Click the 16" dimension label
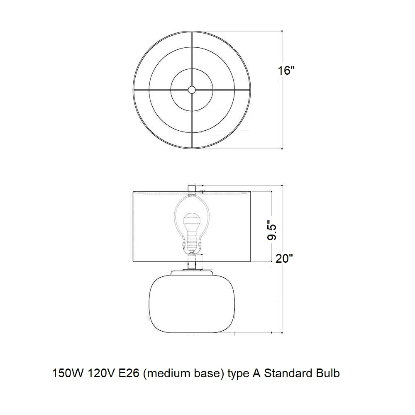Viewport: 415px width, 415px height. [x=286, y=71]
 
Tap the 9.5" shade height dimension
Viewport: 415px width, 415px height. [x=271, y=230]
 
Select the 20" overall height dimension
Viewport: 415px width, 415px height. [x=284, y=258]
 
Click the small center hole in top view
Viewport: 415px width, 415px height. [x=192, y=90]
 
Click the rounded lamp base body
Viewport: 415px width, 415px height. [x=192, y=304]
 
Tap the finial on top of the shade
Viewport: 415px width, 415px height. [x=192, y=189]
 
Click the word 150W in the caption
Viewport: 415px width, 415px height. [x=68, y=373]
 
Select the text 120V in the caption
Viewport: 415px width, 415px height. [x=101, y=373]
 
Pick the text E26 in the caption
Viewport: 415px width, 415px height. [x=129, y=373]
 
